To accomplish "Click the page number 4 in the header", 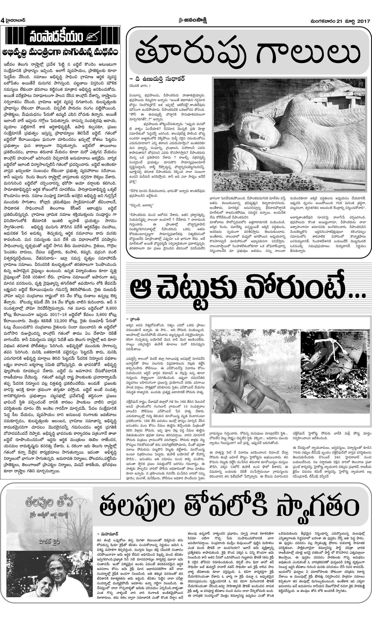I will [x=2, y=21].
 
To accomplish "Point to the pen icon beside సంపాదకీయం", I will [x=93, y=37].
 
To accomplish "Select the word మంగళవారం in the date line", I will [x=322, y=21].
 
